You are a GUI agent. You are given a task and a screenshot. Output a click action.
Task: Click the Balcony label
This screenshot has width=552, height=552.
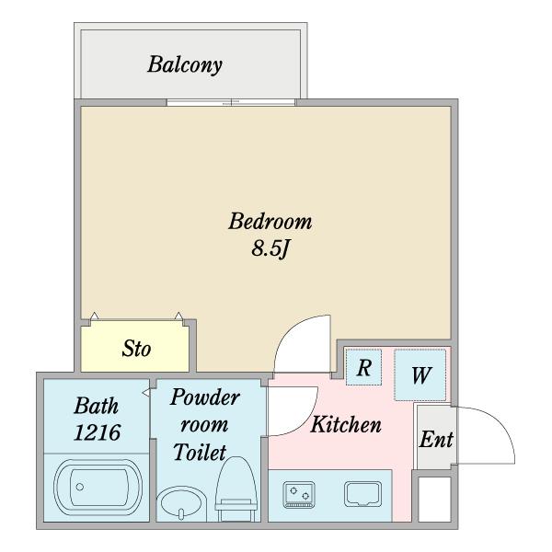186,65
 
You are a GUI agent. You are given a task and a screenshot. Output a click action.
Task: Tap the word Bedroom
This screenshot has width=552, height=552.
270,222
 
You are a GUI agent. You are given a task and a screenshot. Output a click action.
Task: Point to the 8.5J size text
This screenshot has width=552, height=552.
271,249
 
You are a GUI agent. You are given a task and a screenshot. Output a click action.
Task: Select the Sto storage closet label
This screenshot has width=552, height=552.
137,350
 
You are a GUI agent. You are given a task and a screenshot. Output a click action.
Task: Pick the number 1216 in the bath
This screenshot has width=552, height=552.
98,431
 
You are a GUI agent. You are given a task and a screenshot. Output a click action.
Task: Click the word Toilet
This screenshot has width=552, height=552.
201,453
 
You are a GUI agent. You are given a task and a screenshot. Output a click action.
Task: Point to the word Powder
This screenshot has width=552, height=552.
205,398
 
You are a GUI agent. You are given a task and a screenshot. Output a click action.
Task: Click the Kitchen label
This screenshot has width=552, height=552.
345,425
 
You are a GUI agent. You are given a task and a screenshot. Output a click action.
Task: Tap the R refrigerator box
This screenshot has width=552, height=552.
364,368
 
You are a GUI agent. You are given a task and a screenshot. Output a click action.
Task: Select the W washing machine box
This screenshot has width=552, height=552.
421,375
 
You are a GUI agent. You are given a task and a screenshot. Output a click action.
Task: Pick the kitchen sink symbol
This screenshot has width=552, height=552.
362,494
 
